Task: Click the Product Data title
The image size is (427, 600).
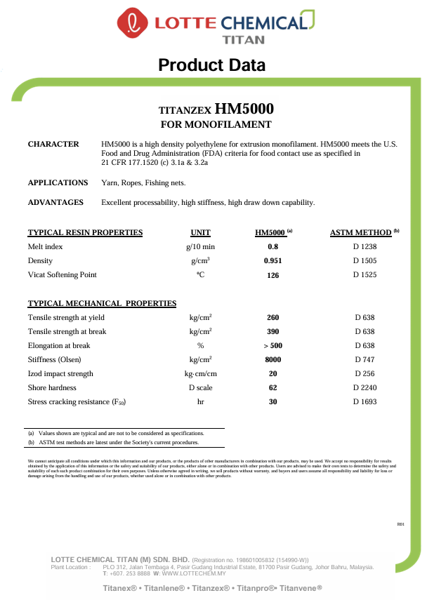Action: (x=212, y=66)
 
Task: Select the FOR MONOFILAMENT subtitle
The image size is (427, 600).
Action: (x=216, y=125)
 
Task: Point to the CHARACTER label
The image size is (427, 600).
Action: (x=53, y=144)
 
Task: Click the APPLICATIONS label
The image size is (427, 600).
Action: (x=58, y=182)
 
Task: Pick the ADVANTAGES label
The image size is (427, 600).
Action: (x=55, y=202)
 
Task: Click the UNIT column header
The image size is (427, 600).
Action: (x=200, y=233)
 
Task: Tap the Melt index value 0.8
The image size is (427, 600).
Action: (x=273, y=247)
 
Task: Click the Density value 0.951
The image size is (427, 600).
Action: (x=273, y=261)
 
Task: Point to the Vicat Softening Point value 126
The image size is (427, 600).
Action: (x=273, y=275)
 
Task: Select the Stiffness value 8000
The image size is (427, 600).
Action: (x=273, y=359)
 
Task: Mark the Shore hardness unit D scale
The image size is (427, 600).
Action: (x=201, y=387)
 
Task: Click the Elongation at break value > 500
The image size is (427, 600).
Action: (x=273, y=345)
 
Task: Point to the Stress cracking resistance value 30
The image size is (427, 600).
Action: (x=273, y=401)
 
